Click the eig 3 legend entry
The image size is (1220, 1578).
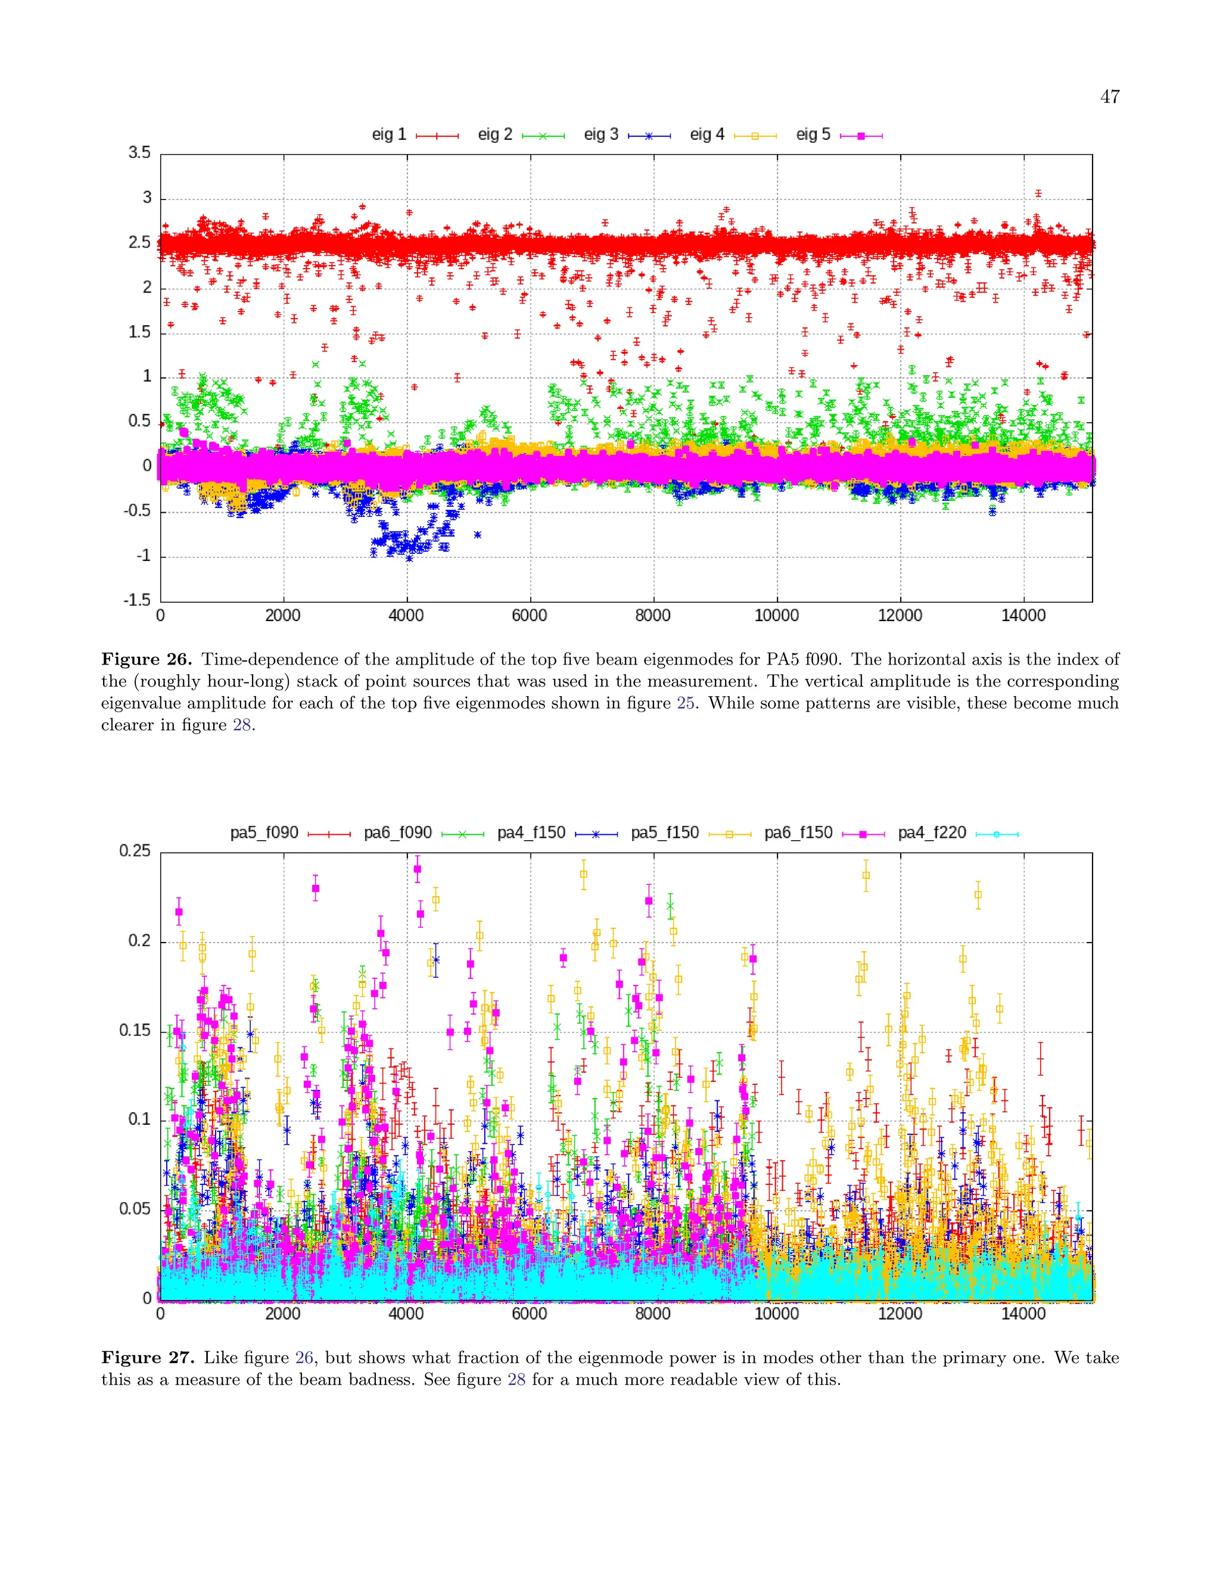click(x=627, y=135)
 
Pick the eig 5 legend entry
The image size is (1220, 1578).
click(x=838, y=135)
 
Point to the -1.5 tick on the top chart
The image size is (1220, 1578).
click(x=138, y=600)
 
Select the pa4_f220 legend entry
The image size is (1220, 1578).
click(x=957, y=833)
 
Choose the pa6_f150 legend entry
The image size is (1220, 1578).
click(x=824, y=833)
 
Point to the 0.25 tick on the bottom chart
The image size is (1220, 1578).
click(x=135, y=851)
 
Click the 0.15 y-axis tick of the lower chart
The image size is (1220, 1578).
click(x=135, y=1030)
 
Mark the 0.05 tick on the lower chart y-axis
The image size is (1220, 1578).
click(x=135, y=1209)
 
